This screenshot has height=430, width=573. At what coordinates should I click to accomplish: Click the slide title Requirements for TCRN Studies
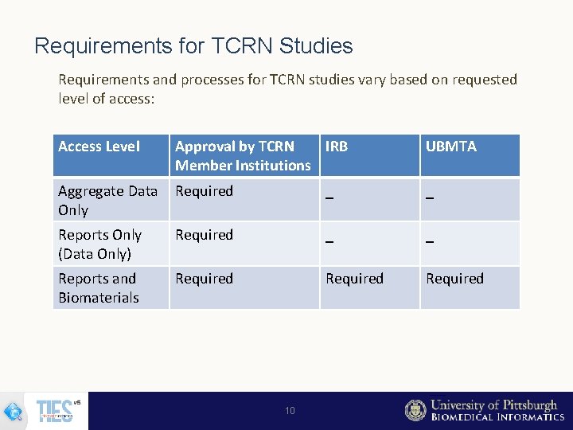[193, 46]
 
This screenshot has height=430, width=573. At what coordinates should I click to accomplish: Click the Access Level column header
[99, 147]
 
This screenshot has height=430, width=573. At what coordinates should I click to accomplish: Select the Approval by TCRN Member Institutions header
[242, 155]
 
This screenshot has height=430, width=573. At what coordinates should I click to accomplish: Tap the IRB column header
[336, 147]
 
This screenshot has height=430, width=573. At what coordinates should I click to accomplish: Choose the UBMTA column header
[450, 147]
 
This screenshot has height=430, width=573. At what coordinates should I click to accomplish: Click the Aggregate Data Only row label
[107, 200]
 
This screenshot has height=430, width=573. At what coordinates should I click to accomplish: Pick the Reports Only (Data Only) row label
[99, 244]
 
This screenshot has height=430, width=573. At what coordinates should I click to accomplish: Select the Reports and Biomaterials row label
[98, 287]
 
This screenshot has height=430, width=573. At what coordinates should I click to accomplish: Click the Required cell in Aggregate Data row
[204, 191]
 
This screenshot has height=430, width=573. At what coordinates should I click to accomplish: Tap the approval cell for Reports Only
[204, 235]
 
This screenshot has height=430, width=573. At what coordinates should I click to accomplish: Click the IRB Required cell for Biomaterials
[354, 279]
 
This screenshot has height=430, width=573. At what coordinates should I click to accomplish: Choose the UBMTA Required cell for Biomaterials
[454, 279]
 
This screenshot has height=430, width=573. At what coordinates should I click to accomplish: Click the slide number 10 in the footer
[290, 411]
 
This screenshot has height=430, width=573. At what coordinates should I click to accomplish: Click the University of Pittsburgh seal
[415, 410]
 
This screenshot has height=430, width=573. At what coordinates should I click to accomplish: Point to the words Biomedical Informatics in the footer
[497, 417]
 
